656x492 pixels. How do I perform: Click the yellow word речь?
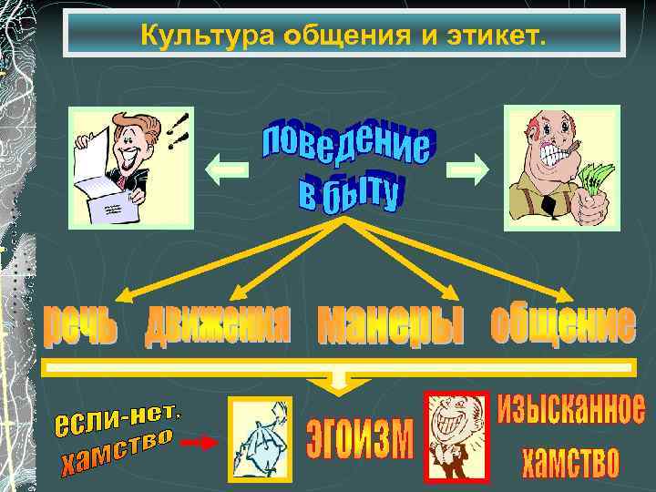pos(81,325)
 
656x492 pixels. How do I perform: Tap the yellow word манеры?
pos(392,325)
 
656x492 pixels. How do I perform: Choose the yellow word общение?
pos(561,325)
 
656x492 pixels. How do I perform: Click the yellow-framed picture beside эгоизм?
pos(260,438)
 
